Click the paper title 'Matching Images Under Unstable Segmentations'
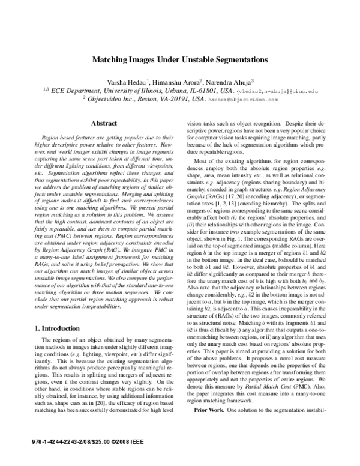[179, 60]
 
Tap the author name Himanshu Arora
[176, 82]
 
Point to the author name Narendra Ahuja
[232, 82]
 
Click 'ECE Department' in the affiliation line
[76, 91]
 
